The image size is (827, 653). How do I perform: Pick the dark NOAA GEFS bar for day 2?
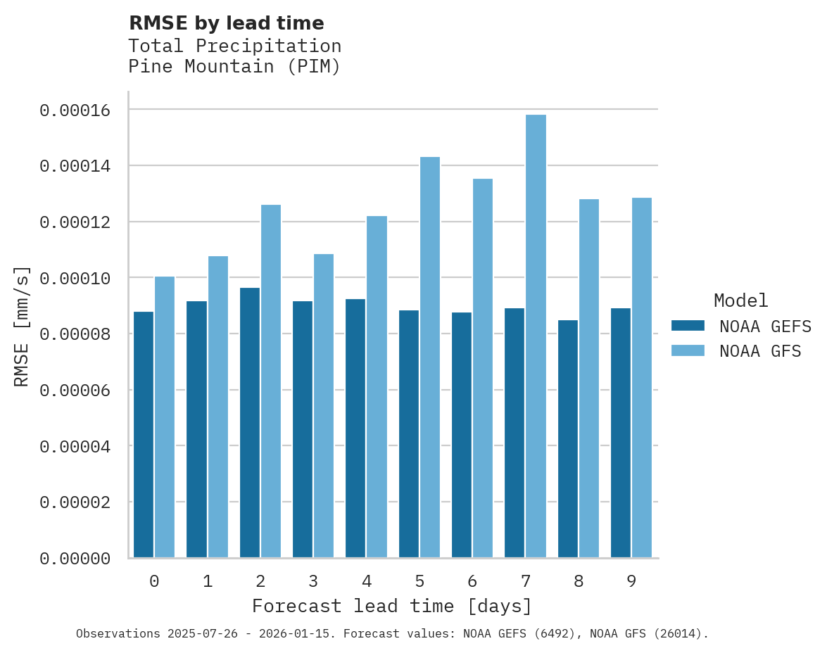pyautogui.click(x=250, y=422)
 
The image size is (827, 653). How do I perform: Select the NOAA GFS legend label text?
pyautogui.click(x=760, y=351)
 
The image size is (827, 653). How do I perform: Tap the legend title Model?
pyautogui.click(x=740, y=300)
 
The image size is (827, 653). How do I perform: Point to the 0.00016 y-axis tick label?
pyautogui.click(x=75, y=110)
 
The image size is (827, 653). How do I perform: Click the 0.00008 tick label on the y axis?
pyautogui.click(x=75, y=334)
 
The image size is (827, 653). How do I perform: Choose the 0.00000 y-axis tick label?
pyautogui.click(x=75, y=559)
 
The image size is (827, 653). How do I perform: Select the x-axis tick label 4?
pyautogui.click(x=367, y=582)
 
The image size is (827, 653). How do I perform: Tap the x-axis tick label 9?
pyautogui.click(x=631, y=582)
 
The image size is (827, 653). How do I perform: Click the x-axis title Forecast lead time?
pyautogui.click(x=392, y=606)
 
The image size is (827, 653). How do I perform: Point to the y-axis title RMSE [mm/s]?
pyautogui.click(x=22, y=326)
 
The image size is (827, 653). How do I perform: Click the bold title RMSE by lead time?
pyautogui.click(x=227, y=23)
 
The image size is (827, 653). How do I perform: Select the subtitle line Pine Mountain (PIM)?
pyautogui.click(x=234, y=68)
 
